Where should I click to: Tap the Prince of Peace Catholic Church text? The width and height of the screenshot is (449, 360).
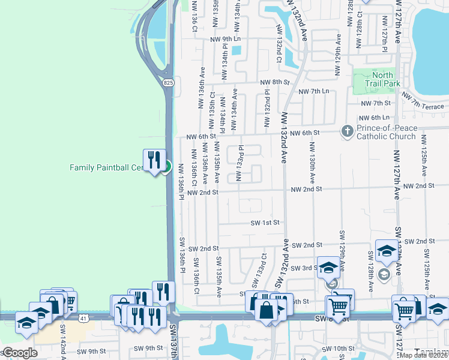(385, 132)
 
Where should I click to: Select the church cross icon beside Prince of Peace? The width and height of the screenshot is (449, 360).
(347, 131)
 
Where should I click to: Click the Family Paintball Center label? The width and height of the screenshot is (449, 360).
(107, 168)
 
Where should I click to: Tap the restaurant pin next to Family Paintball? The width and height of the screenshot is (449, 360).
(154, 160)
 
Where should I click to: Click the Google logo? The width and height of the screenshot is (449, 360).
(19, 353)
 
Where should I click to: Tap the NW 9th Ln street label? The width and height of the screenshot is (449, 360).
(225, 39)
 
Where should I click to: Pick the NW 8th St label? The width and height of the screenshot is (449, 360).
(274, 82)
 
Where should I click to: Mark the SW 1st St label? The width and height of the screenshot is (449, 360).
(265, 223)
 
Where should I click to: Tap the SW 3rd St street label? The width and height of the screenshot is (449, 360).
(303, 268)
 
